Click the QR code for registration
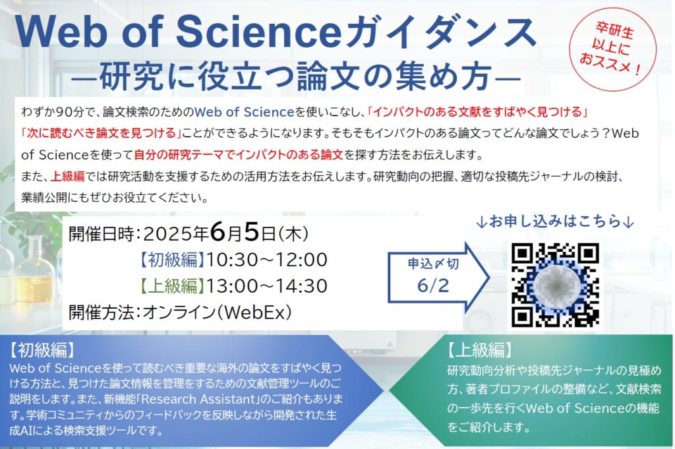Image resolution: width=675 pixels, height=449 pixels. pyautogui.click(x=555, y=285)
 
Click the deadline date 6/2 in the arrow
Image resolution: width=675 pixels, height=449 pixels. pyautogui.click(x=432, y=285)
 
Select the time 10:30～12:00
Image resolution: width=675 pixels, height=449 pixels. pyautogui.click(x=267, y=260)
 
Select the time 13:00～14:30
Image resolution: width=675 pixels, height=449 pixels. pyautogui.click(x=267, y=286)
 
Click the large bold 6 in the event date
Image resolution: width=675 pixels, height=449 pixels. pyautogui.click(x=218, y=233)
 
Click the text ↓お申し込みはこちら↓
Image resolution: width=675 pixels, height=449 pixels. pyautogui.click(x=555, y=222)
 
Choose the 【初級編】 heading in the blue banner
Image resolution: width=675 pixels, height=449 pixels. pyautogui.click(x=42, y=350)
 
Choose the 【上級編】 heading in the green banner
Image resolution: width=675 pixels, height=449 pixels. pyautogui.click(x=479, y=350)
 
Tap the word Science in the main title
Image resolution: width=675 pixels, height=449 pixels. pyautogui.click(x=258, y=32)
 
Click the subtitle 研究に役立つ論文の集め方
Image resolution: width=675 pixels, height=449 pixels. pyautogui.click(x=296, y=76)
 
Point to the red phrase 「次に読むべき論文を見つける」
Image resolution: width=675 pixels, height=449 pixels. pyautogui.click(x=101, y=133)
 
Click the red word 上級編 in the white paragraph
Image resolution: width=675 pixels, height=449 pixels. pyautogui.click(x=68, y=176)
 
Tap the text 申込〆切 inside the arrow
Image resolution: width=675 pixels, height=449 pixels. pyautogui.click(x=432, y=264)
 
